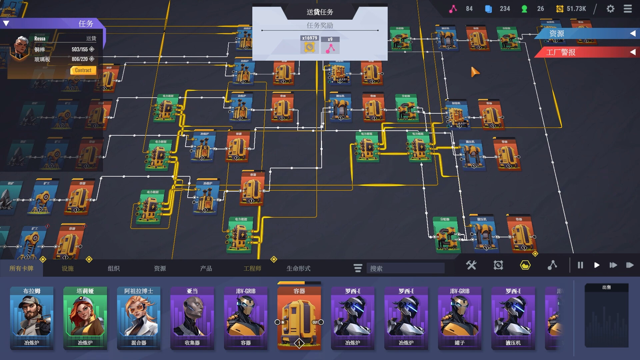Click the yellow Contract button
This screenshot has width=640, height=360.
coord(83,70)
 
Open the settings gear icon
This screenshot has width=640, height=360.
coord(610,9)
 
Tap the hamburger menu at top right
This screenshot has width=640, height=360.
coord(628,9)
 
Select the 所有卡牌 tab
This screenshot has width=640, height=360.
coord(21,268)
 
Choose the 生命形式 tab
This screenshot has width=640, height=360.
coord(298,268)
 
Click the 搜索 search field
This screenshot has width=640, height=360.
coord(405,268)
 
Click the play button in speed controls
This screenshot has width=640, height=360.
coord(597,265)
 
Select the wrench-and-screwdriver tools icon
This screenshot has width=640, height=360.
coord(471,265)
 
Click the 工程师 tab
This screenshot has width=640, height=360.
coord(252,268)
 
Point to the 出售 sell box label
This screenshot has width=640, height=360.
coord(607,287)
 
